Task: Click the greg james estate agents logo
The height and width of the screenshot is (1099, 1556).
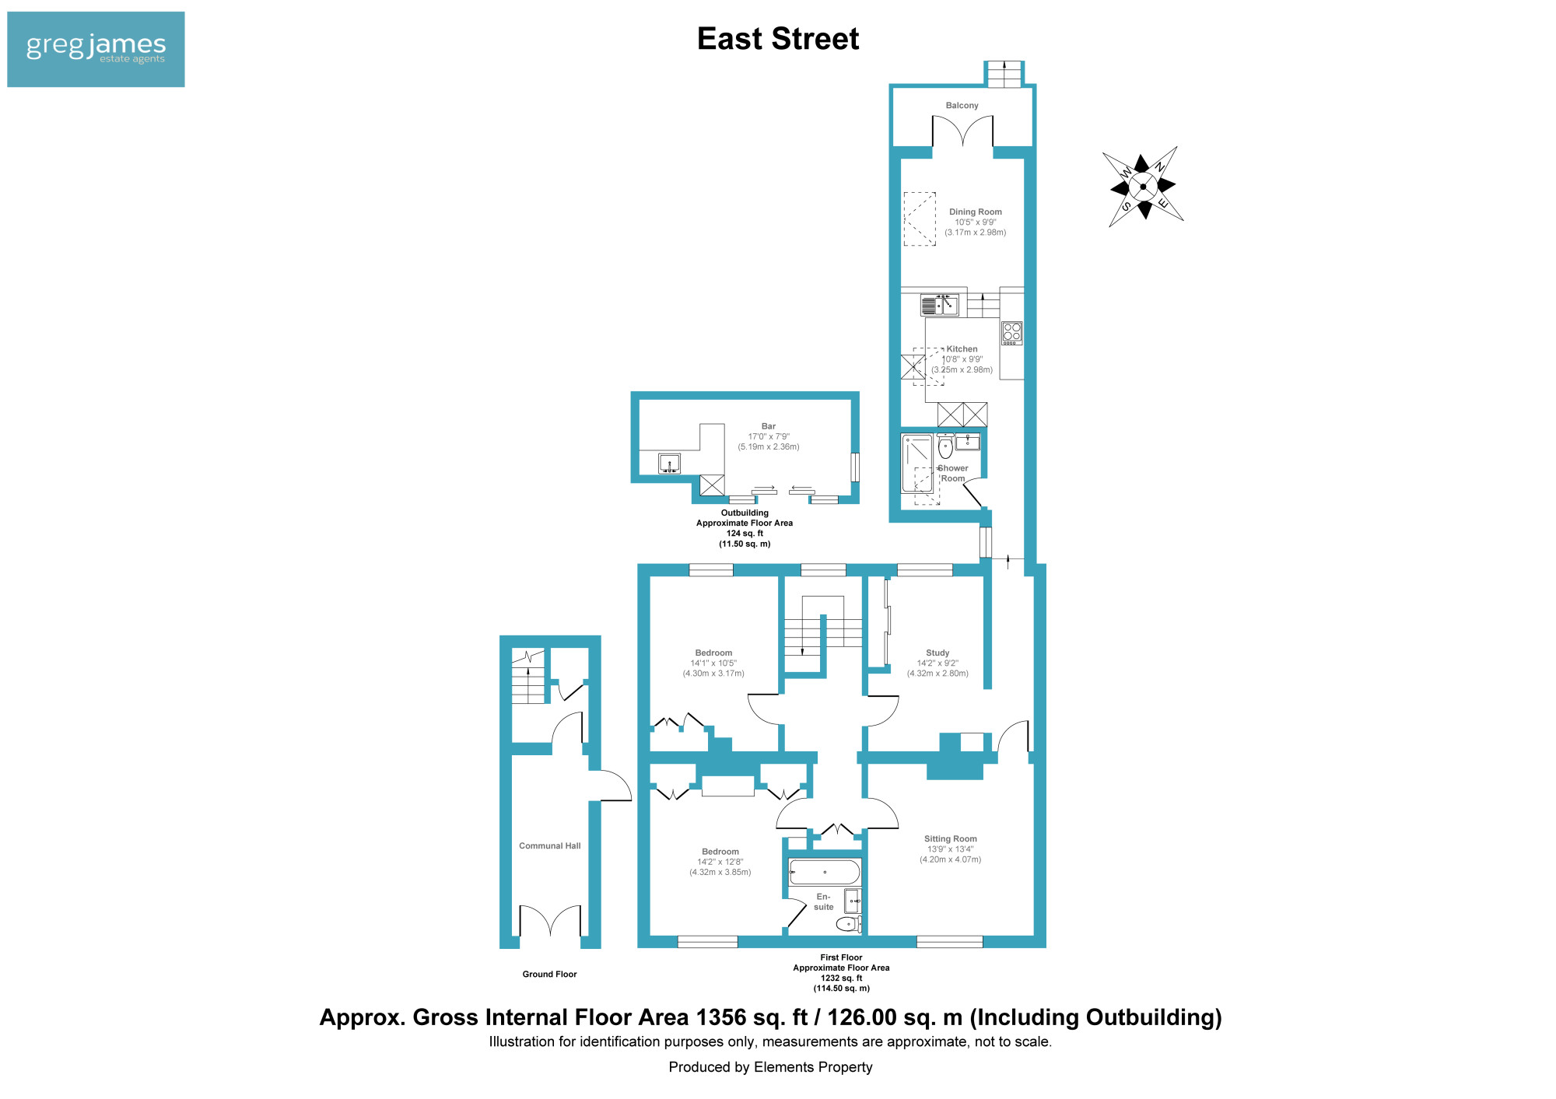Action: (x=96, y=49)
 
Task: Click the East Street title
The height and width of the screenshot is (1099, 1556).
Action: (x=778, y=39)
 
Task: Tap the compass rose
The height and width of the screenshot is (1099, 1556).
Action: (x=1143, y=187)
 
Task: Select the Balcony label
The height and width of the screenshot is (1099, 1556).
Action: (x=962, y=106)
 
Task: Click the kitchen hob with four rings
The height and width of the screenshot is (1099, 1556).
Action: (x=1011, y=333)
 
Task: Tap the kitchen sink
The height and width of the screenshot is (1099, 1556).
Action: (x=939, y=305)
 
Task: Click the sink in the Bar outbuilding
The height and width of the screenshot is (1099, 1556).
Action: (x=669, y=464)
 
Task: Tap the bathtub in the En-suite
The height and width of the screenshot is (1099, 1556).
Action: (x=825, y=872)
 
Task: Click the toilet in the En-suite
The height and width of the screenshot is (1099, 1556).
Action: (x=848, y=924)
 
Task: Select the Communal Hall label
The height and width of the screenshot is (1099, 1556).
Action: (x=550, y=846)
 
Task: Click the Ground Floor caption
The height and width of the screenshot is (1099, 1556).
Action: (x=549, y=975)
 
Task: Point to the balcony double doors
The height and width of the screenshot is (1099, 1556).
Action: (x=962, y=131)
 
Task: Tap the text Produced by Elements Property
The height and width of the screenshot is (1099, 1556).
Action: (x=770, y=1067)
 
